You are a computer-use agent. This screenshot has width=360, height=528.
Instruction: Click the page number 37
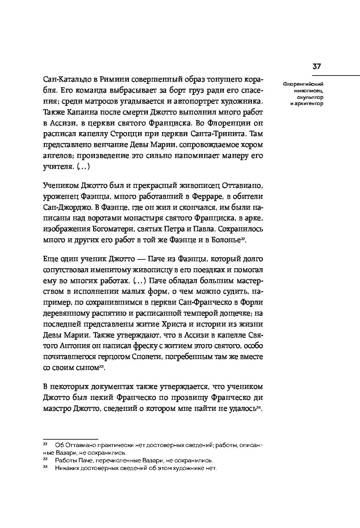point(316,66)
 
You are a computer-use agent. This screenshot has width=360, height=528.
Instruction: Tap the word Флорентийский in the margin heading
point(303,84)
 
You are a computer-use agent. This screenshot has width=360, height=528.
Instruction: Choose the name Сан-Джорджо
point(65,207)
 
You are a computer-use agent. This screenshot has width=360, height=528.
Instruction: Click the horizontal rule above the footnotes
point(70,439)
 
